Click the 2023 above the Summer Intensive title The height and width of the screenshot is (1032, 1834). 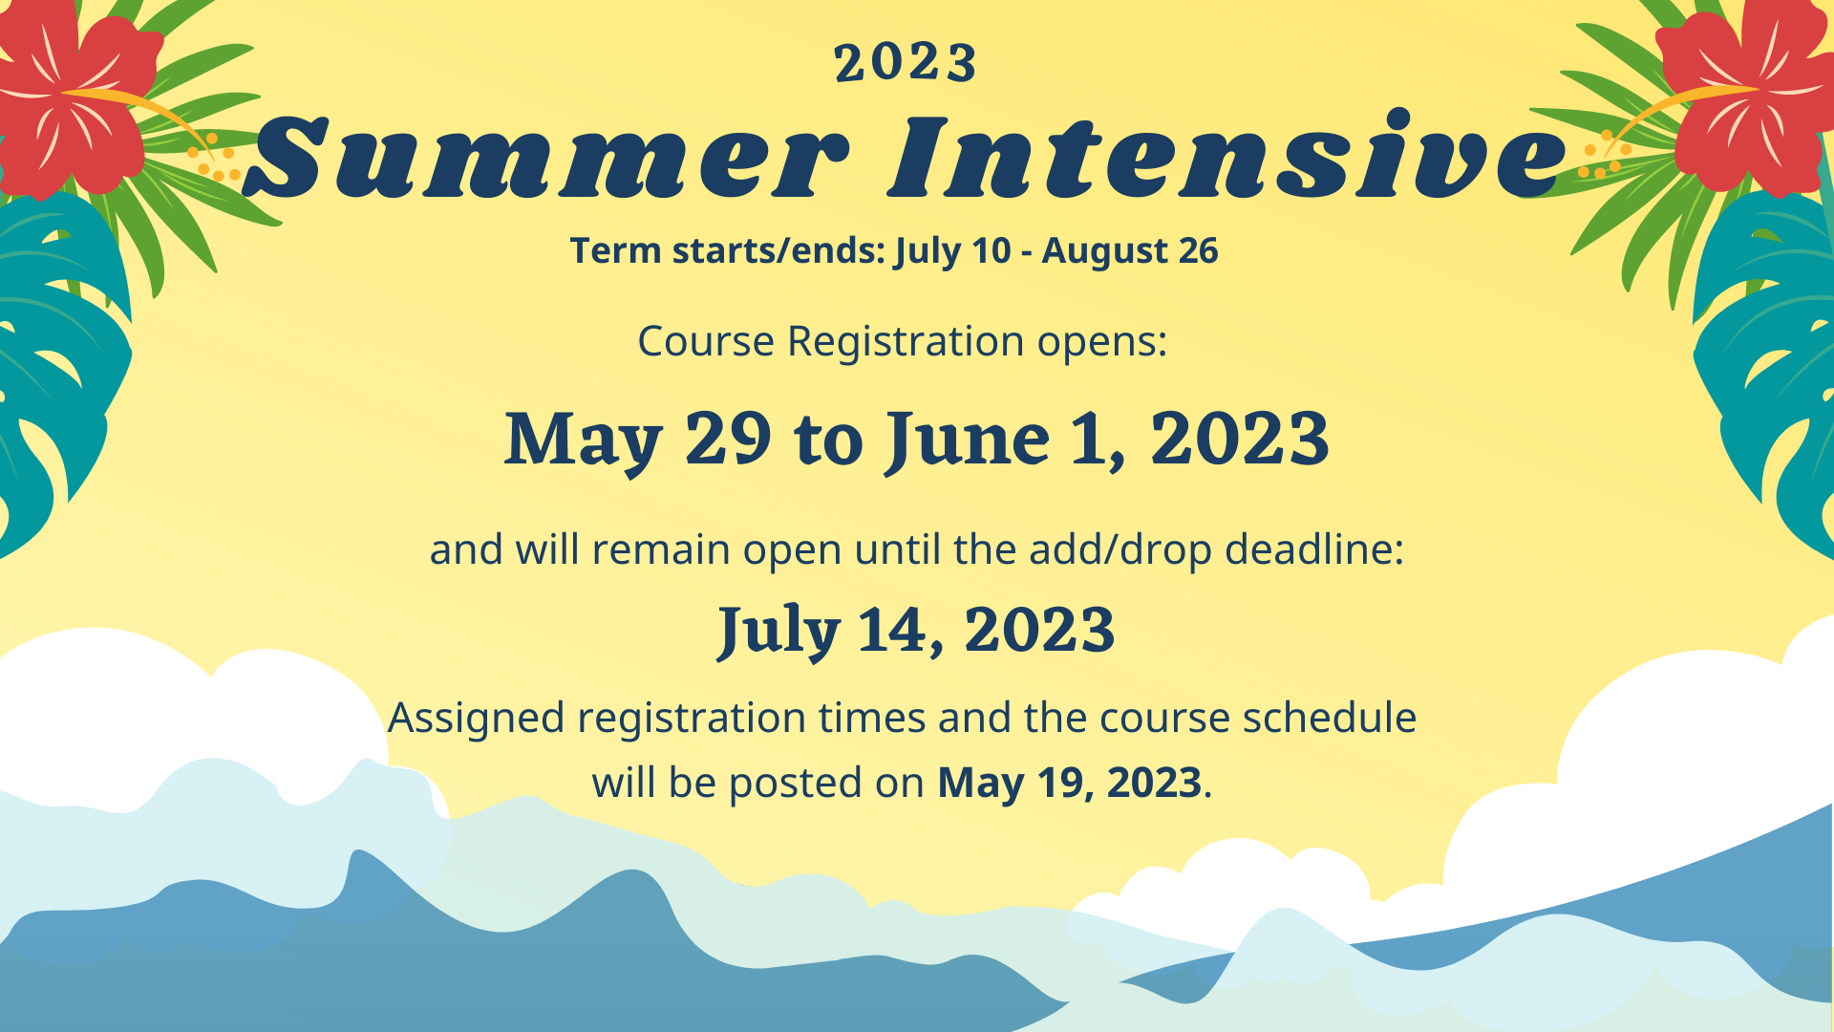point(906,63)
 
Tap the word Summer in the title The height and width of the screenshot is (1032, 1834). point(547,158)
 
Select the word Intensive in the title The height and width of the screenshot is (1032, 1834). point(1228,154)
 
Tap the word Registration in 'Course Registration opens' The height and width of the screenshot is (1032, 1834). point(906,342)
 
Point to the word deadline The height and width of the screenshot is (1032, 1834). point(1315,549)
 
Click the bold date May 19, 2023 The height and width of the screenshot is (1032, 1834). point(1069,784)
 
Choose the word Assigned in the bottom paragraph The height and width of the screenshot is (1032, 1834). point(477,719)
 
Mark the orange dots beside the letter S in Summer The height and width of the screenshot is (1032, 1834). point(213,159)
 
